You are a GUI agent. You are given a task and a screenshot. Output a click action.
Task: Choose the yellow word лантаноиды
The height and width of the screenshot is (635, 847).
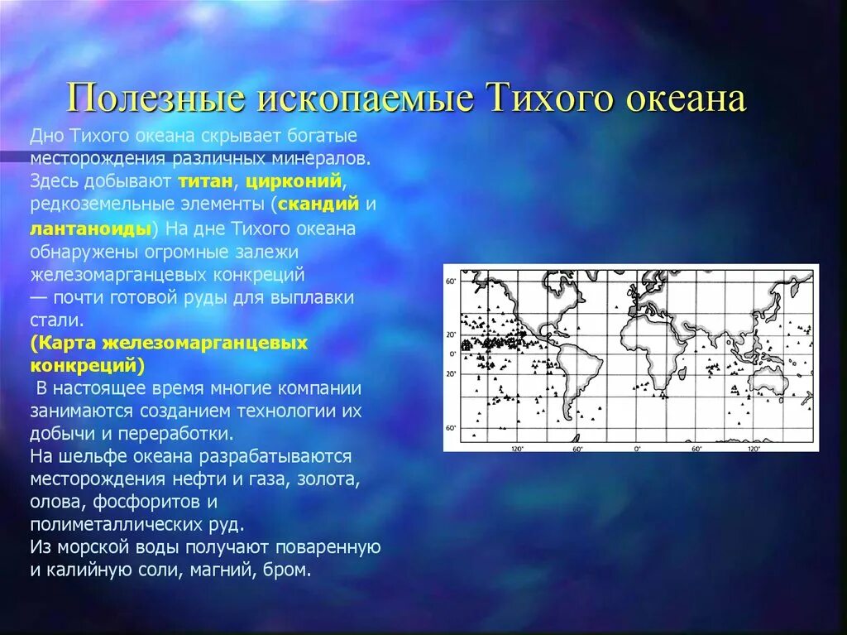pos(91,227)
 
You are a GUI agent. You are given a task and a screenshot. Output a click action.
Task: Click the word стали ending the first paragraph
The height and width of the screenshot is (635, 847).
pos(56,320)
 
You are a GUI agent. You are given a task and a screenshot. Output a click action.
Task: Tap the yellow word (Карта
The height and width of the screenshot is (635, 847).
pos(59,343)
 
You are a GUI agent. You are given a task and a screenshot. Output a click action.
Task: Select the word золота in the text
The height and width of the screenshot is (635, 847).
pos(328,478)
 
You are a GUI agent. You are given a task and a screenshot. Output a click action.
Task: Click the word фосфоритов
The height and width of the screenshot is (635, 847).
pos(148,501)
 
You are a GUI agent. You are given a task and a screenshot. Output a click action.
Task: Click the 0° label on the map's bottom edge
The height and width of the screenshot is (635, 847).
pos(637,448)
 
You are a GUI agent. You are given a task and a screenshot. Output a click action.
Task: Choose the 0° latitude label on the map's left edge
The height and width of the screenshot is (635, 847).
pos(451,354)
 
